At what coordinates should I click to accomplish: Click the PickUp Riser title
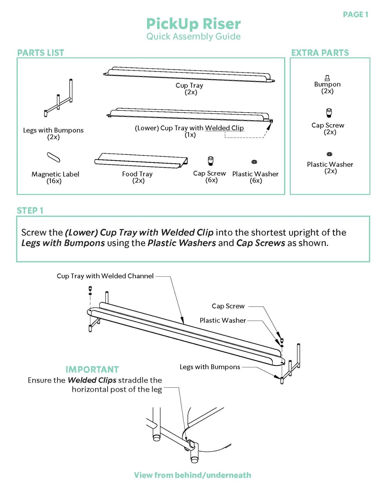pyautogui.click(x=193, y=24)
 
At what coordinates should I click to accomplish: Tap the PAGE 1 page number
pyautogui.click(x=355, y=15)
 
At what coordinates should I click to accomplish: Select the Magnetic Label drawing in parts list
pyautogui.click(x=54, y=157)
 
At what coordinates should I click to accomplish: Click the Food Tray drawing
pyautogui.click(x=141, y=160)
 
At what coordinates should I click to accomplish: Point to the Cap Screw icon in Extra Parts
pyautogui.click(x=329, y=113)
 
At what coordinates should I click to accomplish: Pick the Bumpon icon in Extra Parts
pyautogui.click(x=327, y=78)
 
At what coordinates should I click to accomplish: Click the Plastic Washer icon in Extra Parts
pyautogui.click(x=329, y=154)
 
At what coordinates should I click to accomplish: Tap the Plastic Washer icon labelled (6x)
pyautogui.click(x=254, y=162)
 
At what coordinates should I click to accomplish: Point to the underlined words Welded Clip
pyautogui.click(x=224, y=128)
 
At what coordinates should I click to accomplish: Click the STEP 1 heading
pyautogui.click(x=30, y=211)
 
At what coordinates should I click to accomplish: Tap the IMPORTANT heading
pyautogui.click(x=92, y=369)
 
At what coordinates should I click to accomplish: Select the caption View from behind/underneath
pyautogui.click(x=192, y=475)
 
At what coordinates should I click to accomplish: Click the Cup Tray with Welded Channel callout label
pyautogui.click(x=105, y=276)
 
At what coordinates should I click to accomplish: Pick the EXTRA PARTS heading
pyautogui.click(x=320, y=53)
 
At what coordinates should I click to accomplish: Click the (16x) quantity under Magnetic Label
pyautogui.click(x=54, y=181)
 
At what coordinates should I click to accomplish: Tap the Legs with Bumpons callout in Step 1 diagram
pyautogui.click(x=210, y=367)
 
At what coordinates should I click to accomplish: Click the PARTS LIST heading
pyautogui.click(x=41, y=53)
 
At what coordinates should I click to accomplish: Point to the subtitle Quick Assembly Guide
pyautogui.click(x=193, y=36)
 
